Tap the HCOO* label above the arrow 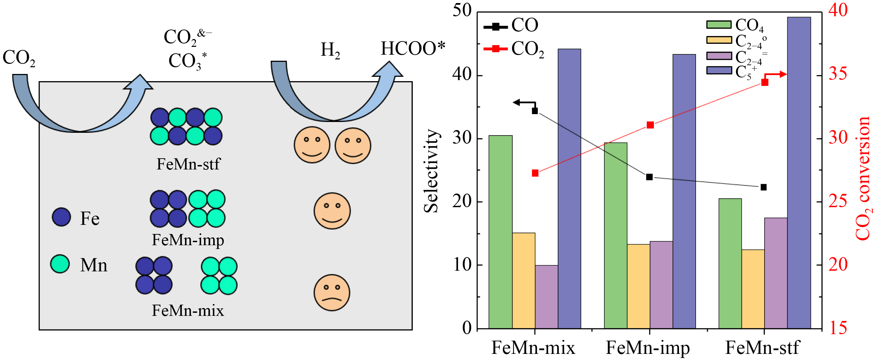413,49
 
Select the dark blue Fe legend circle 61,217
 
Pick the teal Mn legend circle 60,264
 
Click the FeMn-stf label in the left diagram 188,164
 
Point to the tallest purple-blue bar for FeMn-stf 799,171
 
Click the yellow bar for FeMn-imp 638,286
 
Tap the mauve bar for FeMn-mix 546,296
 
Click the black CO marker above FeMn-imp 649,177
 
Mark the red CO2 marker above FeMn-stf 765,83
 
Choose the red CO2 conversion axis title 863,178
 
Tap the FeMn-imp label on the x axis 648,348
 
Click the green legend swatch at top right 719,24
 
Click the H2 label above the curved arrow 330,50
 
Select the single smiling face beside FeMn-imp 332,211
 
